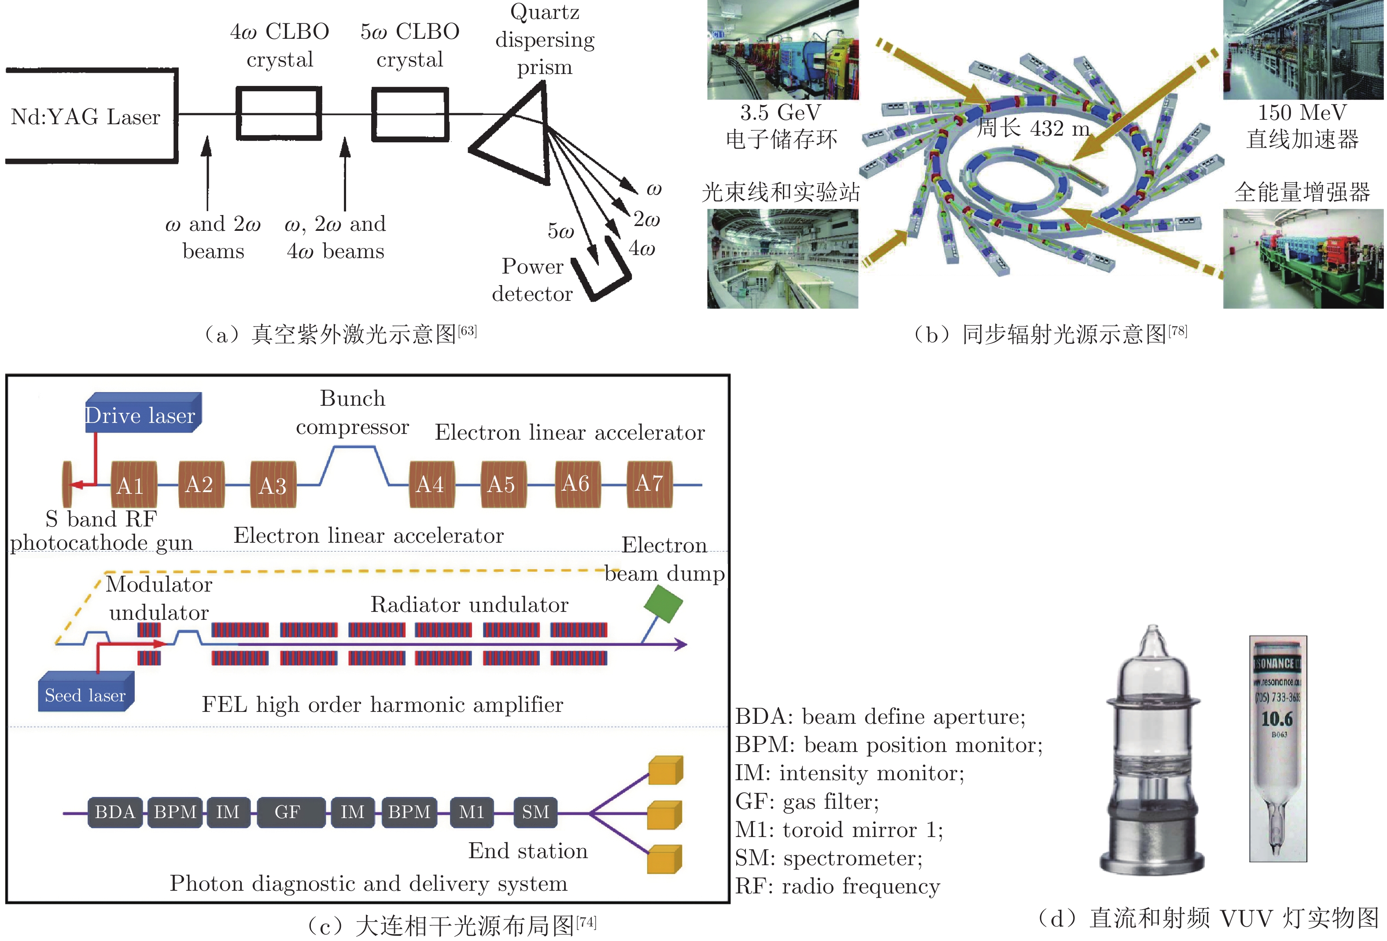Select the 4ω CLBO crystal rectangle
[x=279, y=114]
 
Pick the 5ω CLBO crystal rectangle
[x=410, y=114]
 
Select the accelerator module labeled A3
[x=273, y=485]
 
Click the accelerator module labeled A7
[x=649, y=484]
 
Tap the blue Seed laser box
[x=85, y=693]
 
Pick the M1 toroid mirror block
[x=472, y=812]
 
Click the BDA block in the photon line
[x=114, y=812]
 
